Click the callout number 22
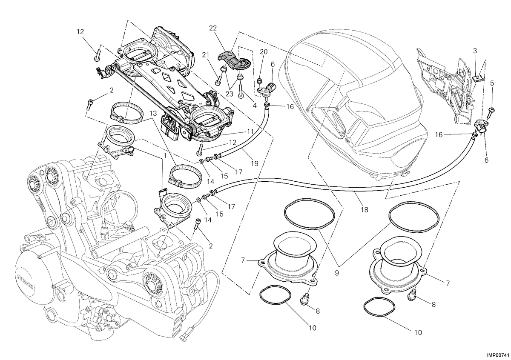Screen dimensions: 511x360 213,28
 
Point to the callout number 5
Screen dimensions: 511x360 492,83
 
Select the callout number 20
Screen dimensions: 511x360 264,52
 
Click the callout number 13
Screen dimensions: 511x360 154,113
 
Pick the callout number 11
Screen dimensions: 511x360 250,131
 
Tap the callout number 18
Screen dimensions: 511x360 365,209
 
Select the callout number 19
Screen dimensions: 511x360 255,163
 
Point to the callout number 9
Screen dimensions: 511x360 337,273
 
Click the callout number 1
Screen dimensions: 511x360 165,156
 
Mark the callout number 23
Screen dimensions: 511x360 229,94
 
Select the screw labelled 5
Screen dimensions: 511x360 490,114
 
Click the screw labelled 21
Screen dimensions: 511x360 218,80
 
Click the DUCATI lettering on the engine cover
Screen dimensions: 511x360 25,283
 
